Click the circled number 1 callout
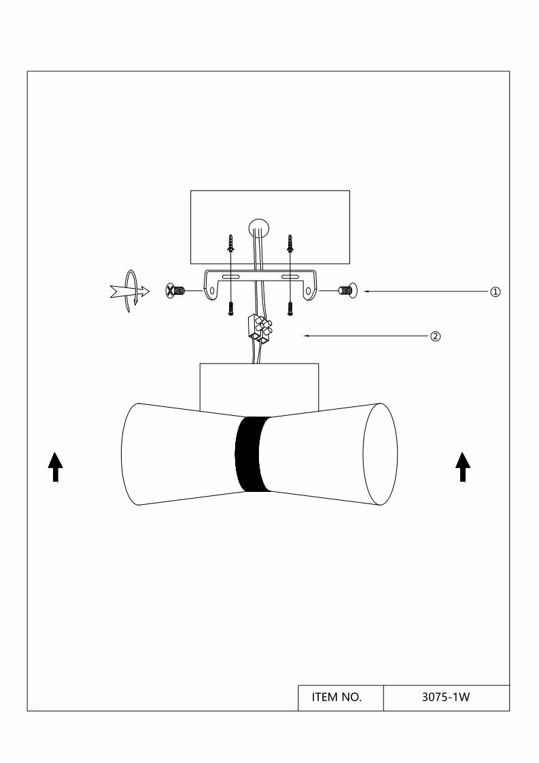[x=495, y=291]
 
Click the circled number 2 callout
[x=436, y=336]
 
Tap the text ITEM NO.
[x=336, y=698]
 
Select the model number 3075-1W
[x=446, y=698]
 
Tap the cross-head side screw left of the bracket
[x=175, y=291]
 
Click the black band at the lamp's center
[x=251, y=454]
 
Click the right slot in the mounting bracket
[x=291, y=278]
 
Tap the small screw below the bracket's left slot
[x=231, y=308]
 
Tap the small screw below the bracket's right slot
[x=290, y=308]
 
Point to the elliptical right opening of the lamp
[x=380, y=455]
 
